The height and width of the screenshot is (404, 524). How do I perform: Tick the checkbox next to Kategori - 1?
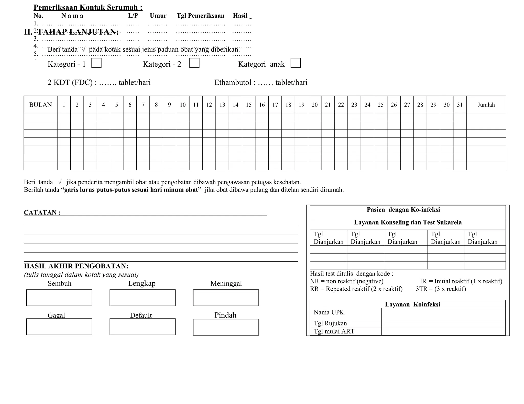pyautogui.click(x=96, y=63)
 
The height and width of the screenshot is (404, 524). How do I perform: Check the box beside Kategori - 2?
pyautogui.click(x=194, y=63)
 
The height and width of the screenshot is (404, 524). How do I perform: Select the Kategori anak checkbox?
pyautogui.click(x=296, y=63)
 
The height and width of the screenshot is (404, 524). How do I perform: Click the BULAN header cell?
pyautogui.click(x=40, y=105)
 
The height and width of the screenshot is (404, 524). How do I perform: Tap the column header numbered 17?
pyautogui.click(x=275, y=105)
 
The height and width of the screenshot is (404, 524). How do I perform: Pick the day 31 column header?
pyautogui.click(x=460, y=105)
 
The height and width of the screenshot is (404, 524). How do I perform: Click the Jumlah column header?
pyautogui.click(x=486, y=105)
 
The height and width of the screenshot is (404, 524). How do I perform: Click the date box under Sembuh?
pyautogui.click(x=59, y=298)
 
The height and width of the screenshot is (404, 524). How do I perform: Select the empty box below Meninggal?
pyautogui.click(x=226, y=298)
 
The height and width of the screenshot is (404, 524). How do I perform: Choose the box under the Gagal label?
pyautogui.click(x=59, y=327)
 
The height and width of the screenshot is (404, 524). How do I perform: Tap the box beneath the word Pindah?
pyautogui.click(x=226, y=327)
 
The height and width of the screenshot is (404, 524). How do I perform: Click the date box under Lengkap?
pyautogui.click(x=143, y=298)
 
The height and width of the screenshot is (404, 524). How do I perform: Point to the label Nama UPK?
pyautogui.click(x=329, y=312)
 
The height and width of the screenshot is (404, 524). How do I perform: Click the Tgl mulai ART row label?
pyautogui.click(x=334, y=331)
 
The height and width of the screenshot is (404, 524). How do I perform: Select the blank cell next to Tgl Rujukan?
pyautogui.click(x=443, y=323)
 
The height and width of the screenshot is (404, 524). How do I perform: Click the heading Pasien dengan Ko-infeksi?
pyautogui.click(x=403, y=210)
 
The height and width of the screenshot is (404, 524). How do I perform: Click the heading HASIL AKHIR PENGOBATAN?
pyautogui.click(x=76, y=266)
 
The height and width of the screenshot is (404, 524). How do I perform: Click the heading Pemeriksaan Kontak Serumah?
pyautogui.click(x=88, y=7)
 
